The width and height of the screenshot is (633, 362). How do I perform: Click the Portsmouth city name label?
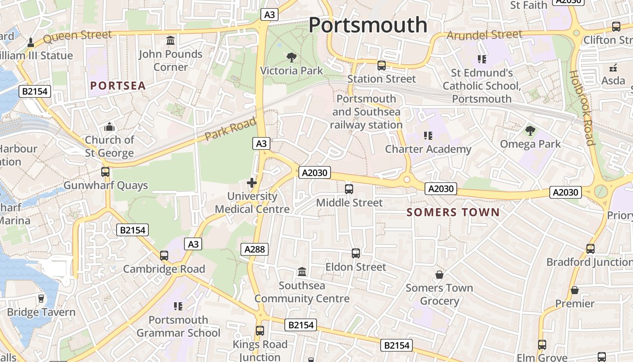[368, 25]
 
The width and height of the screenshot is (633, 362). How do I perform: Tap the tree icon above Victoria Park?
[292, 57]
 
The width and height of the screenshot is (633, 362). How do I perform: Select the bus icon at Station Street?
[382, 66]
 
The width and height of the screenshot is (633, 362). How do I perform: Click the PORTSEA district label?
[118, 86]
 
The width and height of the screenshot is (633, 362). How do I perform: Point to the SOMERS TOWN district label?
[453, 212]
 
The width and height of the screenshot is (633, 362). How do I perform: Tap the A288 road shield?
[255, 249]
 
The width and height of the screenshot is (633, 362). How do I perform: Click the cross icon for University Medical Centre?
[252, 183]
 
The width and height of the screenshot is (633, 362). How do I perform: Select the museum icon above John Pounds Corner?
[170, 41]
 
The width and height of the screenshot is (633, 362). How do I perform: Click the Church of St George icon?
[109, 127]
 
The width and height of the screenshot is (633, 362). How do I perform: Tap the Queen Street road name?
[77, 36]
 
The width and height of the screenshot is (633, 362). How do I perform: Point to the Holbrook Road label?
[581, 108]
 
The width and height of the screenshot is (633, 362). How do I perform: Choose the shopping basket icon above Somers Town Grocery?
[439, 275]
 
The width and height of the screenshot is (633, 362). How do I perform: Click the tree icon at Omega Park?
[530, 131]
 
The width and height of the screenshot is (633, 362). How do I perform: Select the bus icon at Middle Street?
[349, 189]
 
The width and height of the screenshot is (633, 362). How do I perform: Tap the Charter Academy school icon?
[428, 135]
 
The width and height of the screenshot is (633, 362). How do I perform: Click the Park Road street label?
[230, 129]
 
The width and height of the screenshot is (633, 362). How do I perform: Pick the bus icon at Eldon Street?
[356, 253]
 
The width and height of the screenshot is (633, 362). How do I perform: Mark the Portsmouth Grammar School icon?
[178, 306]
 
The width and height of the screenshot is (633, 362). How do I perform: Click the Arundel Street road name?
[484, 35]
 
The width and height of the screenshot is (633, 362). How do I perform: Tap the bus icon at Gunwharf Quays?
[105, 172]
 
